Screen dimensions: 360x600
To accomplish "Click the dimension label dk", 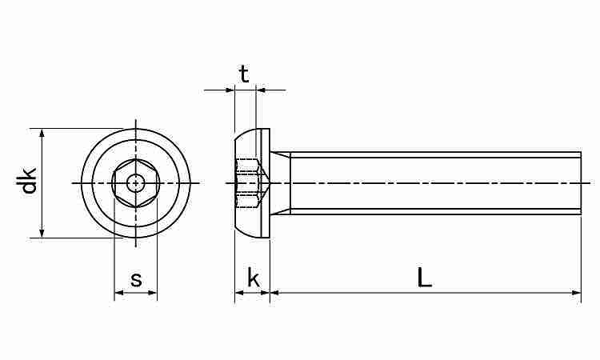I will (x=29, y=181).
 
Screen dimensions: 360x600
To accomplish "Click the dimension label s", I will (x=136, y=279).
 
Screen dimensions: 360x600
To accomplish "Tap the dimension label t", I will (x=244, y=74).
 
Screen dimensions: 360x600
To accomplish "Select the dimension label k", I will (x=254, y=279).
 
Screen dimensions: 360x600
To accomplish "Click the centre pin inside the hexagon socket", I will (x=136, y=183).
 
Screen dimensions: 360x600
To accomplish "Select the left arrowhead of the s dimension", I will (x=118, y=293).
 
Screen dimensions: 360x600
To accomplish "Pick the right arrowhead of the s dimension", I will (x=153, y=293).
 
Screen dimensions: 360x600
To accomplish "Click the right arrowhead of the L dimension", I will (x=577, y=293).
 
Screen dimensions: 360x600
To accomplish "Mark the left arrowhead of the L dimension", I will (x=274, y=293).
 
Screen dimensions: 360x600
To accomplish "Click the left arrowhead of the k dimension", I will (x=238, y=293).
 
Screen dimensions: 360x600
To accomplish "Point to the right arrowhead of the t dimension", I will (x=261, y=90).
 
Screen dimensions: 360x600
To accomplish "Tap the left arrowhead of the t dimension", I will (x=230, y=90).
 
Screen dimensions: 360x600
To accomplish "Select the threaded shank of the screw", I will (x=432, y=183).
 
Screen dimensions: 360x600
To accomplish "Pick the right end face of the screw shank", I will (x=580, y=183).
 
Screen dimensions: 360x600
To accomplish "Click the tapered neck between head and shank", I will (x=280, y=183).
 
